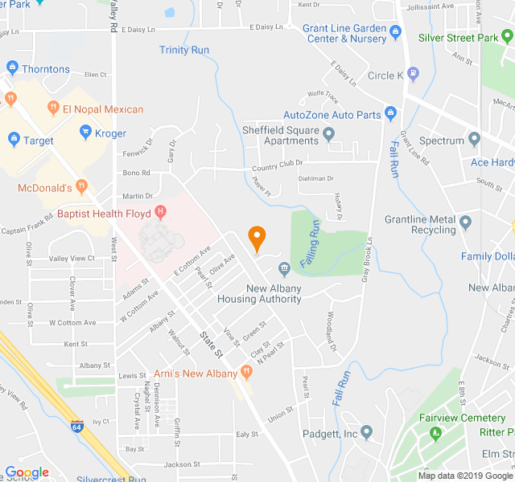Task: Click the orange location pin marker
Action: click(257, 238)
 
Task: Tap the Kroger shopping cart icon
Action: click(85, 133)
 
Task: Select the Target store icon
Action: click(13, 141)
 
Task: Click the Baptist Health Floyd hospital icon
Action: click(161, 213)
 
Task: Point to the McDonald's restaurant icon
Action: click(80, 188)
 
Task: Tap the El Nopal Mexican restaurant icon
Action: click(53, 108)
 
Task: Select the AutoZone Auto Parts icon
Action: click(390, 114)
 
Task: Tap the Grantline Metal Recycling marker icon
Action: click(465, 220)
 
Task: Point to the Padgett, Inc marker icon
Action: click(367, 433)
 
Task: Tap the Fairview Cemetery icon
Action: click(437, 434)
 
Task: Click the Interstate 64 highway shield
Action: click(77, 423)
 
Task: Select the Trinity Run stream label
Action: click(184, 50)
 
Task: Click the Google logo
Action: click(27, 472)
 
